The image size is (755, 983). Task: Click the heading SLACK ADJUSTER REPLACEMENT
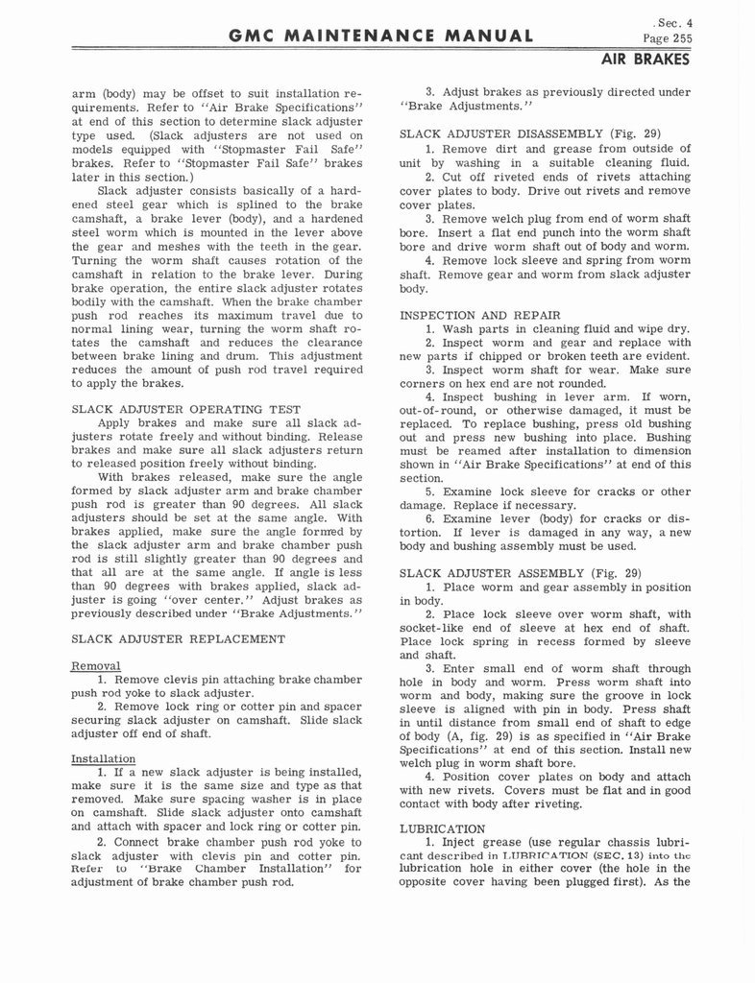pyautogui.click(x=178, y=638)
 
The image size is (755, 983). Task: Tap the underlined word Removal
pyautogui.click(x=94, y=665)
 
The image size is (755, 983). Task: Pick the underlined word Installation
pyautogui.click(x=103, y=758)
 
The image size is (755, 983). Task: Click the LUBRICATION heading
pyautogui.click(x=442, y=828)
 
